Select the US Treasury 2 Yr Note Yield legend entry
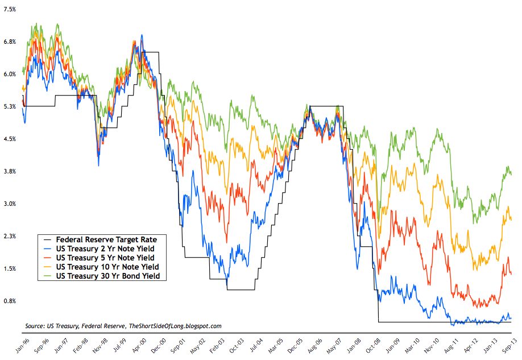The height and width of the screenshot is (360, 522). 105,249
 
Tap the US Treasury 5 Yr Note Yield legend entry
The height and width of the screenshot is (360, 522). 105,258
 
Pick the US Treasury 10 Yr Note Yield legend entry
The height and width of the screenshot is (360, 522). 107,267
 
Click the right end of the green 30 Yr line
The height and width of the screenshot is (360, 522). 511,174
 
